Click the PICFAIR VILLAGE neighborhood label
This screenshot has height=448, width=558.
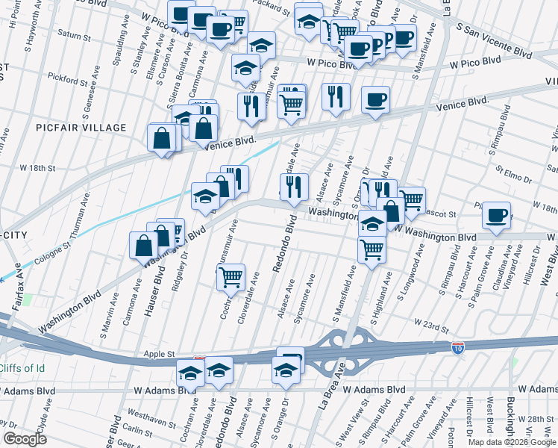pos(81,128)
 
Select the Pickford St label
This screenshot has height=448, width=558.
pos(66,76)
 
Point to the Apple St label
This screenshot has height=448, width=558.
pos(160,355)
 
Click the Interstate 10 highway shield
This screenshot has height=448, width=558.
pos(457,348)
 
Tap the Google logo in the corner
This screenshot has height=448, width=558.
pos(25,439)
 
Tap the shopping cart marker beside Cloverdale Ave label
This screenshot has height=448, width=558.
pos(231,277)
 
